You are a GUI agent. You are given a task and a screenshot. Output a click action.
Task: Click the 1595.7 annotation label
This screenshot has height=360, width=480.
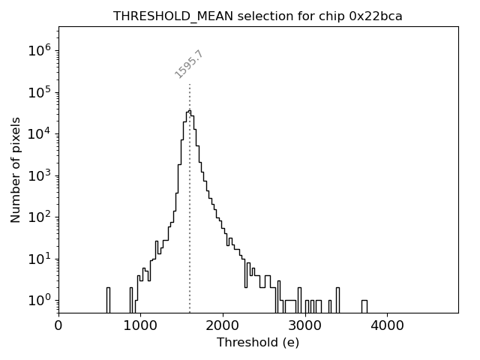tap(189, 64)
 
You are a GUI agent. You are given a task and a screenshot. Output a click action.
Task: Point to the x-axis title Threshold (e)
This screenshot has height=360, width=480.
tap(258, 343)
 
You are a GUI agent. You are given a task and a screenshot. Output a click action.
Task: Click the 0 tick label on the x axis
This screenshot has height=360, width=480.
tap(58, 325)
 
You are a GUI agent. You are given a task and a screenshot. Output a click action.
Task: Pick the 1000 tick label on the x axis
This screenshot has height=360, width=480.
tap(141, 325)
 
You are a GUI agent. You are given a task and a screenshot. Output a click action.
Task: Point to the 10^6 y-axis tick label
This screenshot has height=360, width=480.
tap(39, 50)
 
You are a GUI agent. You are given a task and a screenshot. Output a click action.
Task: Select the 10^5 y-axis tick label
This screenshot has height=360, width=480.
tap(39, 92)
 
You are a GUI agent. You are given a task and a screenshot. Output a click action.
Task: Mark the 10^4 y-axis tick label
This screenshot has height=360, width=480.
tap(39, 133)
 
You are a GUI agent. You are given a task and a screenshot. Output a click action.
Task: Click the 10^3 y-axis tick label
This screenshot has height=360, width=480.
tap(39, 175)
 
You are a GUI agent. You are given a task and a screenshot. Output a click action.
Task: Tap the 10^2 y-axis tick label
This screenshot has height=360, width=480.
tap(39, 217)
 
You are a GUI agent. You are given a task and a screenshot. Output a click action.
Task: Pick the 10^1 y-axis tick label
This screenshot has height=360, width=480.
tap(39, 259)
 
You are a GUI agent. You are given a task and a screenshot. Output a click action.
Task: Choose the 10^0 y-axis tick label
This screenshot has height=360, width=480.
tap(39, 300)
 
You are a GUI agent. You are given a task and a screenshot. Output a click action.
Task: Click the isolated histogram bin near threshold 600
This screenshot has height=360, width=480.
tap(108, 299)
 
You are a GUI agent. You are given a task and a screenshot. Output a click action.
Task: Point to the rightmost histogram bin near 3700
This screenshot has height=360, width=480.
tap(364, 306)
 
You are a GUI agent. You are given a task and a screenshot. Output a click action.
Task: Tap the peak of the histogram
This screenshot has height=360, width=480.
tap(190, 111)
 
